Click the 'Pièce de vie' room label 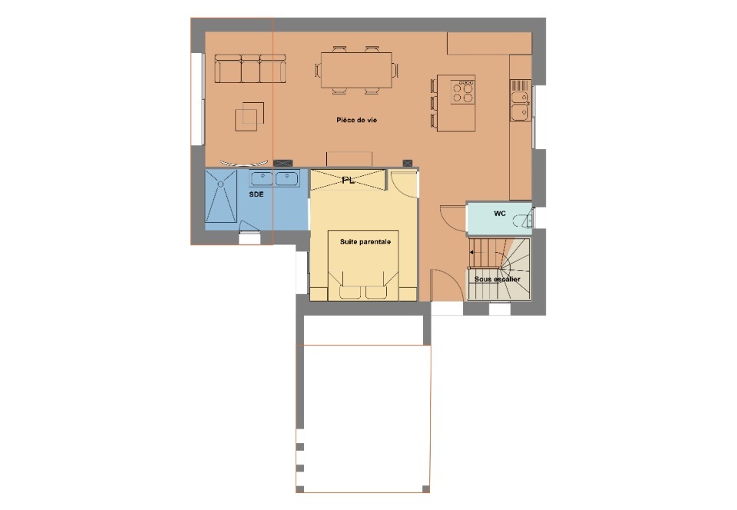pos(357,120)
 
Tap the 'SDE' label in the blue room pos(256,194)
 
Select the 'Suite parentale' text pos(365,242)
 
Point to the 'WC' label pos(500,214)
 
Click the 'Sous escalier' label pos(497,280)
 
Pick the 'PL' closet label pos(349,180)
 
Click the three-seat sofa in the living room pos(250,68)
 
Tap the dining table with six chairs pos(357,70)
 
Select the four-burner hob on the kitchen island pos(462,91)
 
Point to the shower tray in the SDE pos(221,196)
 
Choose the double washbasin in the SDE pos(274,179)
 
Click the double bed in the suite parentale pos(363,265)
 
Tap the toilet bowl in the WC pos(523,220)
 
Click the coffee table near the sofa pos(249,116)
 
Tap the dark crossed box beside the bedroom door pos(408,163)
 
